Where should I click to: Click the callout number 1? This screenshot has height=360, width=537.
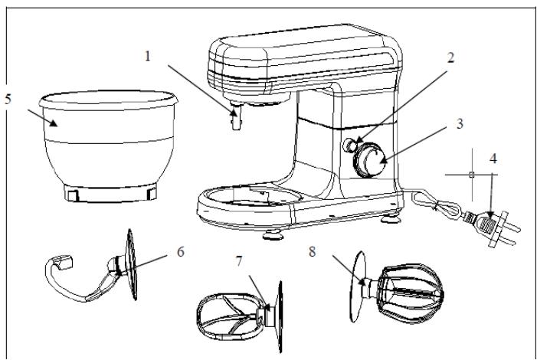pos(148,56)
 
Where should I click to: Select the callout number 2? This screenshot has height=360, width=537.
pos(450,57)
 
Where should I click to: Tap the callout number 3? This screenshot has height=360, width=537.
pos(460,123)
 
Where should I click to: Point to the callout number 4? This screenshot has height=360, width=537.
pos(493,159)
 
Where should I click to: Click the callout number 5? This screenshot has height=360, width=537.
pos(8,99)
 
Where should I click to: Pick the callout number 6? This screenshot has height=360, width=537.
pos(181,252)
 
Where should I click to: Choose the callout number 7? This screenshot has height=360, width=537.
pos(239,261)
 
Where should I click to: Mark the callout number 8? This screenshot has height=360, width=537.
pos(312,252)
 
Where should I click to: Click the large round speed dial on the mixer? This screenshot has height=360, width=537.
pos(370,161)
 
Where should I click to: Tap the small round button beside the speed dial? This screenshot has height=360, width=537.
pos(349,145)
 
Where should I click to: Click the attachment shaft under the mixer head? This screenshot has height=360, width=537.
pos(236,116)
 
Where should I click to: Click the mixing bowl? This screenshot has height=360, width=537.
pos(108,146)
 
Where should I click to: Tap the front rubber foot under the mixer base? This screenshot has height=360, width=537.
pos(273,235)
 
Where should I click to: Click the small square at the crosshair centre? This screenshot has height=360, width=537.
pos(472,175)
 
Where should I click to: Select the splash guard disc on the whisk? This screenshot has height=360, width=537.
pos(358,287)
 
